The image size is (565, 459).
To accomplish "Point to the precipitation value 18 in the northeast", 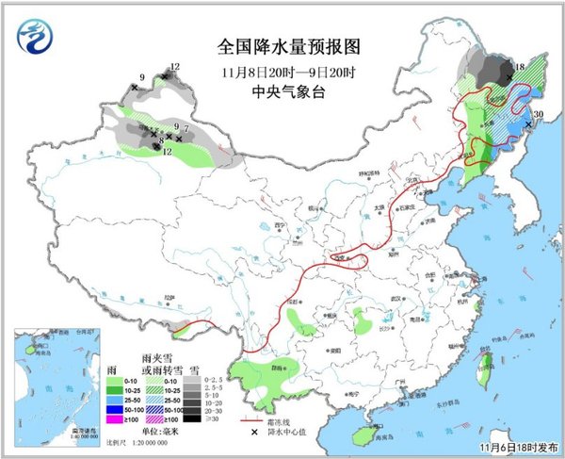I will pos(519,67).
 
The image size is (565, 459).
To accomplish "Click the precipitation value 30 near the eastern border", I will pos(538,115).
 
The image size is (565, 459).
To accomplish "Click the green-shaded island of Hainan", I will pos(362,434).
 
